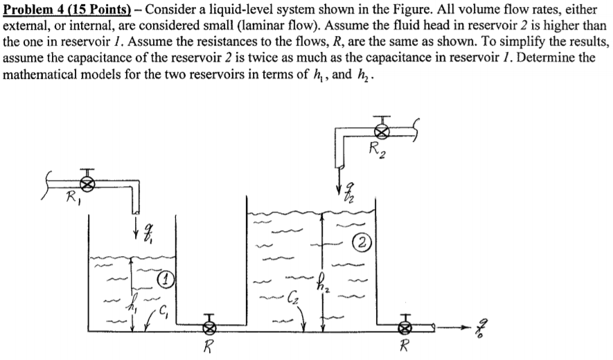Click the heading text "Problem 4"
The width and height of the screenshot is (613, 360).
[34, 8]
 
